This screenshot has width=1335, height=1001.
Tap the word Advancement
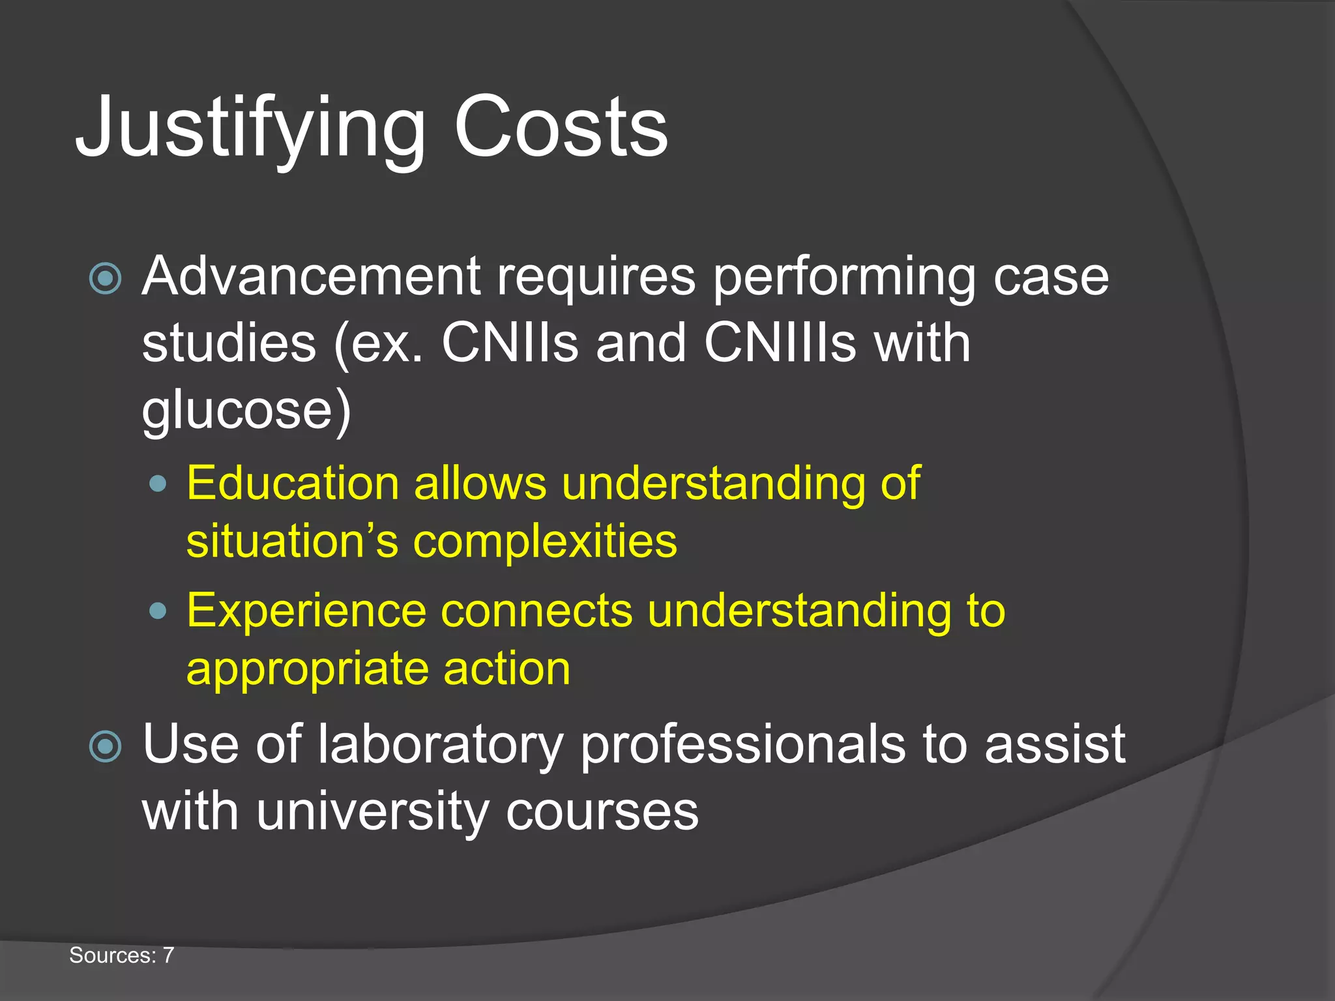coord(311,276)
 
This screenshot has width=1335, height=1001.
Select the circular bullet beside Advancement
coord(105,279)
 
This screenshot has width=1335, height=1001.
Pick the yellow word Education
coord(293,484)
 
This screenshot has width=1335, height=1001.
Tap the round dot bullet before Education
coord(158,484)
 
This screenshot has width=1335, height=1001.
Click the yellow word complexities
coord(545,542)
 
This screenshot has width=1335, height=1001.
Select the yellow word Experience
coord(306,611)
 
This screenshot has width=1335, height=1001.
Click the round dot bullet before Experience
coord(158,611)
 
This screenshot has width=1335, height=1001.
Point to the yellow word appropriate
coord(306,670)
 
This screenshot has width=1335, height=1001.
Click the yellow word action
coord(506,669)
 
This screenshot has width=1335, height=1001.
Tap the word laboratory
coord(440,745)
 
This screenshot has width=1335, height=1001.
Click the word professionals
coord(742,745)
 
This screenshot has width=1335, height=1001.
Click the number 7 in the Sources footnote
coord(168,955)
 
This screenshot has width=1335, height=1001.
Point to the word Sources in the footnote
coord(112,955)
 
